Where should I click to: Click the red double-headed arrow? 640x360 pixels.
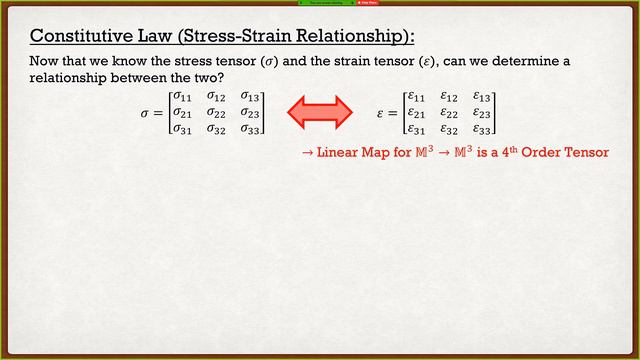[x=320, y=112]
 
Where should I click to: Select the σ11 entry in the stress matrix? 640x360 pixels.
[x=182, y=98]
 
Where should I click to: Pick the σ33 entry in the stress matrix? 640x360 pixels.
[x=250, y=128]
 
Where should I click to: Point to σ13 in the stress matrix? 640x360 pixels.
[x=250, y=98]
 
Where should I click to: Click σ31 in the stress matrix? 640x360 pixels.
[x=182, y=128]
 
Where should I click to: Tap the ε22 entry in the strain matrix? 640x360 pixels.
[x=449, y=113]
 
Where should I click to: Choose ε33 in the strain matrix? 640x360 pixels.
[x=482, y=128]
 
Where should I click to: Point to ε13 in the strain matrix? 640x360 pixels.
[x=482, y=98]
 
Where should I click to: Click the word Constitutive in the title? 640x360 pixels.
[x=76, y=37]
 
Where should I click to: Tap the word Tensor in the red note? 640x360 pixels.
[x=584, y=153]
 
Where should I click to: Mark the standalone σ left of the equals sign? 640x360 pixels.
[x=146, y=114]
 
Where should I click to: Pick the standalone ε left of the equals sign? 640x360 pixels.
[x=380, y=114]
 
